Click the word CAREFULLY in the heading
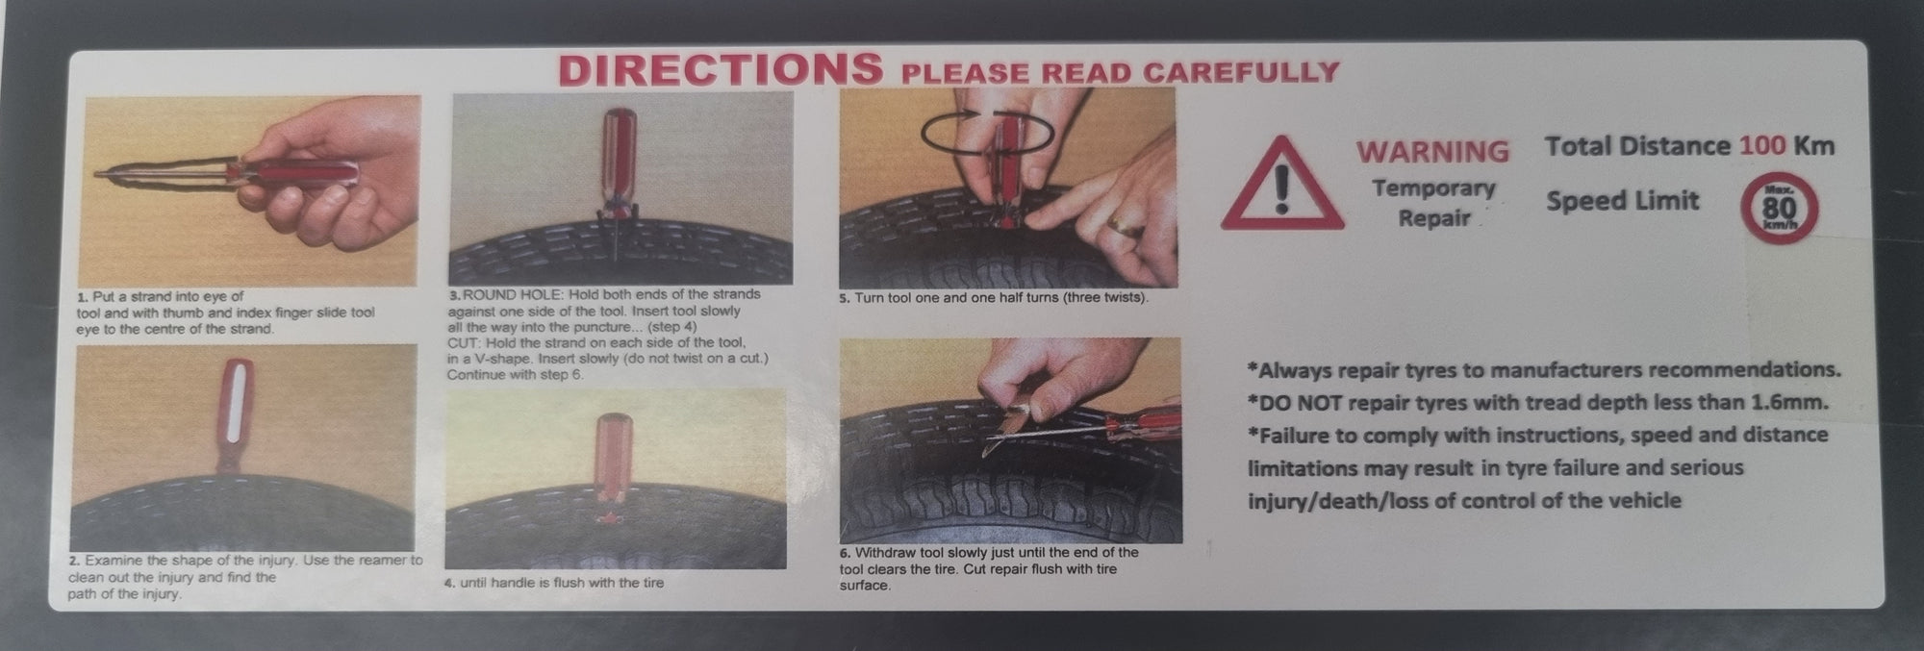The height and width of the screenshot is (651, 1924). click(1241, 72)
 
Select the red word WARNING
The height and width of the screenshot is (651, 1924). click(1432, 152)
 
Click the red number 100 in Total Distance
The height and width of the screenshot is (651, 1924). click(1762, 146)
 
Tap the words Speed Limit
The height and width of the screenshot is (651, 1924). click(1623, 201)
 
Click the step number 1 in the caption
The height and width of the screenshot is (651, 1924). click(83, 297)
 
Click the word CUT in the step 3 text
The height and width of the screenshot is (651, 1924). click(461, 342)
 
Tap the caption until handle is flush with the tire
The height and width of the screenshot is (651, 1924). click(561, 583)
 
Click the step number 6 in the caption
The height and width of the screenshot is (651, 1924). click(845, 553)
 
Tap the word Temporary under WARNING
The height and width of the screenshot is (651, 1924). click(1433, 188)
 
